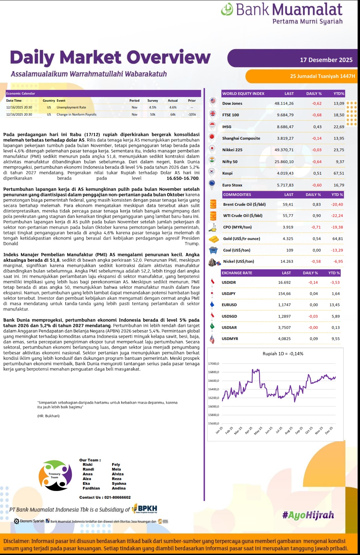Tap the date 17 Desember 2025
point(326,60)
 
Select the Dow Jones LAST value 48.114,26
point(284,103)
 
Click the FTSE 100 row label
point(231,115)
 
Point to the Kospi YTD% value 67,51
point(339,173)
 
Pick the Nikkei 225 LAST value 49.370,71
point(284,150)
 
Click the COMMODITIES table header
point(237,195)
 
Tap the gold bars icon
point(213,239)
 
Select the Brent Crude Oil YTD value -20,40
point(337,204)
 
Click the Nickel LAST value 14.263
point(287,261)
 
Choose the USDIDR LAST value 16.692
point(284,282)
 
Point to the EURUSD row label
point(229,305)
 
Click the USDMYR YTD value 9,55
point(336,339)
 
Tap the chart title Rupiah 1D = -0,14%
point(283,354)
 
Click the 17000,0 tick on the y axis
point(214,364)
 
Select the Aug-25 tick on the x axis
point(289,431)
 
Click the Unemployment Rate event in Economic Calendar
point(71,107)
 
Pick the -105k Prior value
point(192,115)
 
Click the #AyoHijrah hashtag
point(308,515)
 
